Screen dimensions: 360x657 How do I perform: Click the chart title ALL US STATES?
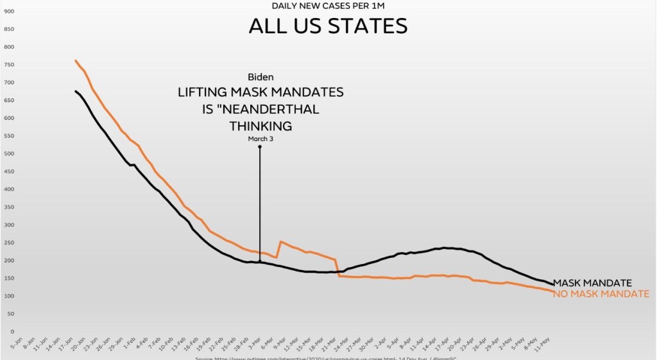point(328,26)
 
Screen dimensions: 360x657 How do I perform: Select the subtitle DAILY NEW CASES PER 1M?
point(328,6)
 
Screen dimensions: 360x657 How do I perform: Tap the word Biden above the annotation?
point(260,77)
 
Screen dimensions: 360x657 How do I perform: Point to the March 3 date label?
point(260,139)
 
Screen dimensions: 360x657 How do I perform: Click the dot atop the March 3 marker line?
point(260,147)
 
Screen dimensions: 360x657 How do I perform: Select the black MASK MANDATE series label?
point(593,283)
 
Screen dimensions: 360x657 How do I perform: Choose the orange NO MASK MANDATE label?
point(601,294)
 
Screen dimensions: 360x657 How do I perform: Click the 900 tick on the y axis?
point(9,12)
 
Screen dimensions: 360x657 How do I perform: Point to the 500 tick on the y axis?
point(9,154)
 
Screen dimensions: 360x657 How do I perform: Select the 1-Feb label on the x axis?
point(129,341)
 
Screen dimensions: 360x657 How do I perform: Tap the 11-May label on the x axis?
point(543,341)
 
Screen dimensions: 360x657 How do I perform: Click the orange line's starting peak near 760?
point(76,61)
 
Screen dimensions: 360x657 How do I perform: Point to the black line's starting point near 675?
point(76,91)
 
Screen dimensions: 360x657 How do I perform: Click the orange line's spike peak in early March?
point(280,242)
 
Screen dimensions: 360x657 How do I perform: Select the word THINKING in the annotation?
point(260,125)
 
